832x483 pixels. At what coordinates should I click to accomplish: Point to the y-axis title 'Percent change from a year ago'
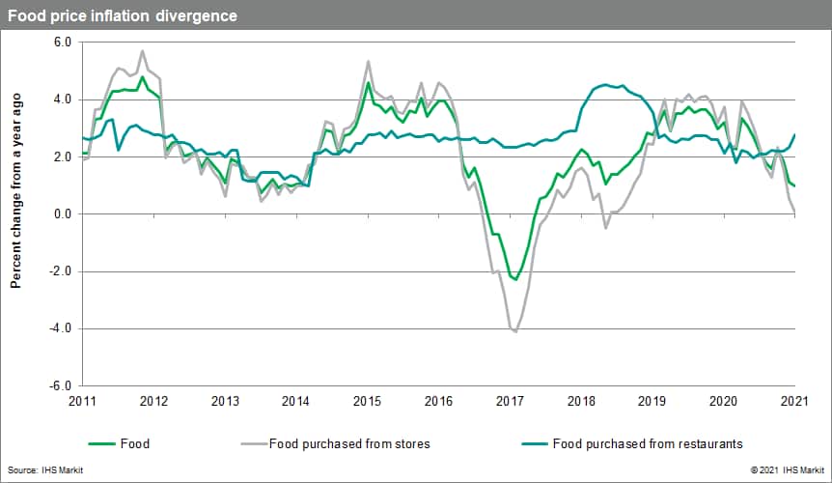click(16, 190)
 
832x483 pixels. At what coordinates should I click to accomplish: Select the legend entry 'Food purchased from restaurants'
click(647, 444)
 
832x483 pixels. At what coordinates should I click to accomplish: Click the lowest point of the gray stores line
click(515, 331)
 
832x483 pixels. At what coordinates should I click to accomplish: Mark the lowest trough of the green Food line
click(515, 280)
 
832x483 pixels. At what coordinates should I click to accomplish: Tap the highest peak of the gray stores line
click(143, 51)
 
